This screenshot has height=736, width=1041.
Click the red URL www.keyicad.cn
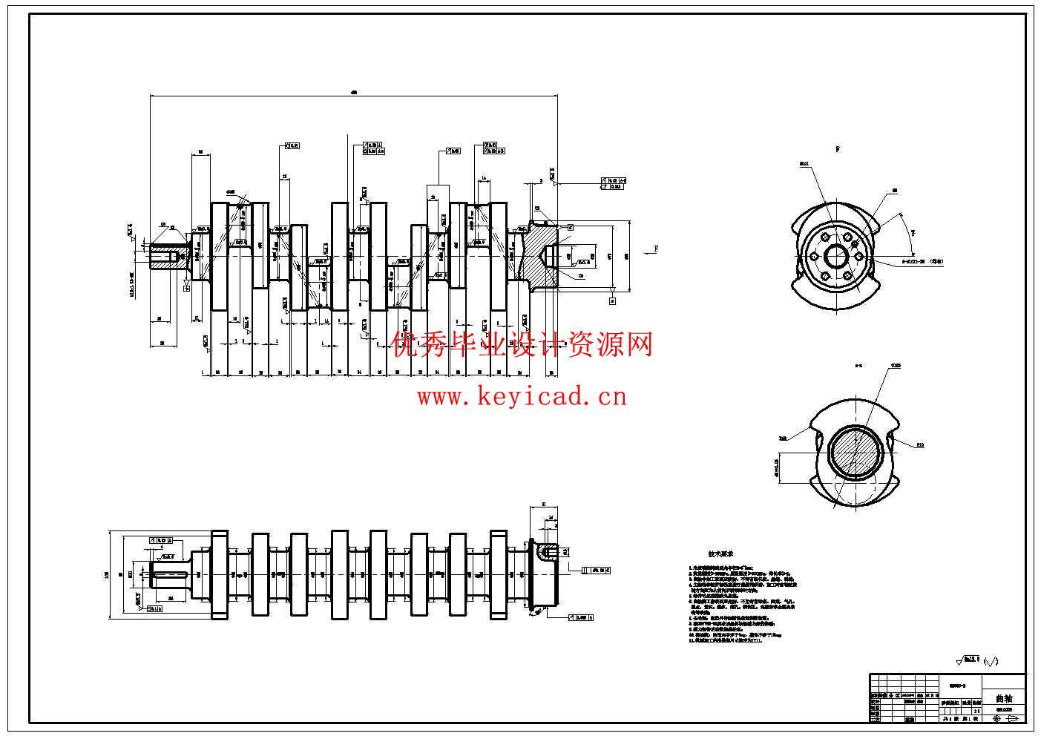(x=522, y=397)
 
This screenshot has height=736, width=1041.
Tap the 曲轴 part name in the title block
(x=1003, y=698)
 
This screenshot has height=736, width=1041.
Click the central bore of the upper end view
(x=837, y=257)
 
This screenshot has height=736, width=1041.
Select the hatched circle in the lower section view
(x=852, y=453)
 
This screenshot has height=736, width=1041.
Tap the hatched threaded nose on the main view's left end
(x=167, y=257)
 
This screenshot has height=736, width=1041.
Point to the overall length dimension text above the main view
(x=354, y=93)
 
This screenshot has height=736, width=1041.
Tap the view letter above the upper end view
(x=837, y=149)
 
